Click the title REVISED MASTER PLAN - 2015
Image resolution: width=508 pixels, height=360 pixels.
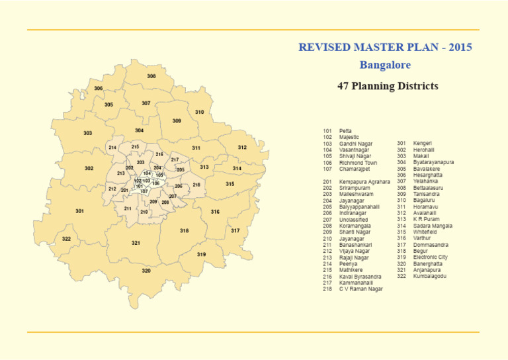pos(385,48)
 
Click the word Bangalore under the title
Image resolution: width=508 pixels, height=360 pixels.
pos(385,65)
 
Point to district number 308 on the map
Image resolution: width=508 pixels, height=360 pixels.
pos(151,77)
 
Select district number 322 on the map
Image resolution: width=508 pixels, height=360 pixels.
pos(66,239)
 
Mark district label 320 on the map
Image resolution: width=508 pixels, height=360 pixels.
pos(146,271)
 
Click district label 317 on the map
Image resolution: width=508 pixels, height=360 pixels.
pos(235,231)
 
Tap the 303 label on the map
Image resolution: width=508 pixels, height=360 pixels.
pos(87,133)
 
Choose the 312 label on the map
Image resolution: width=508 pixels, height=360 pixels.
pos(242,148)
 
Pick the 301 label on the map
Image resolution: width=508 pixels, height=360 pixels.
pos(79,211)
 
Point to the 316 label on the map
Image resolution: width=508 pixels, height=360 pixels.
pos(215,212)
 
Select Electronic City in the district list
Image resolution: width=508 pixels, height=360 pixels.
pos(431,257)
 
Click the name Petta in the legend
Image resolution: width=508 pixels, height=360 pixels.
pos(345,131)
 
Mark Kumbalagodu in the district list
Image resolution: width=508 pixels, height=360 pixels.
pos(430,276)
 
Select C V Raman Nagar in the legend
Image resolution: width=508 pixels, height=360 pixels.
pos(361,289)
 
